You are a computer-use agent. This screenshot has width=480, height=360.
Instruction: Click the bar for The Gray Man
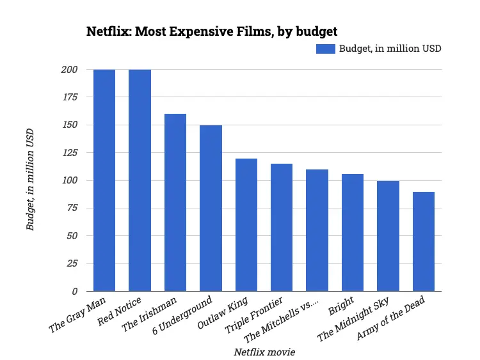point(104,180)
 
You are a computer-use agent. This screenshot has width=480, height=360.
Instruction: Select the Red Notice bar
point(140,180)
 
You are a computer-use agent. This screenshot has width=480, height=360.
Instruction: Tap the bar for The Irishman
point(175,203)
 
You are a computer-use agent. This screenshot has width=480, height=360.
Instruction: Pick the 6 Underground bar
point(211,208)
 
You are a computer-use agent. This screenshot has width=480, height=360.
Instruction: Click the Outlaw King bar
point(246,225)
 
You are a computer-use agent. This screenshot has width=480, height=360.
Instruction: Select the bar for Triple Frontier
point(282,228)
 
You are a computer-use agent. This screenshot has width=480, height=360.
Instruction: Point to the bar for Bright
point(353,233)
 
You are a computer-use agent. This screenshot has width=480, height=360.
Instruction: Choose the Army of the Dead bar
point(424,242)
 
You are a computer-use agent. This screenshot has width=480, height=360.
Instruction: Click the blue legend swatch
point(326,49)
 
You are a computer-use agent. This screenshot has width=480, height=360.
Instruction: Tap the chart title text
point(212,31)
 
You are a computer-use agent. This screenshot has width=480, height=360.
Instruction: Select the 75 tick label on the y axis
point(72,208)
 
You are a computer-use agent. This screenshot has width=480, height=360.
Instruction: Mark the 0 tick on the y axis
point(74,292)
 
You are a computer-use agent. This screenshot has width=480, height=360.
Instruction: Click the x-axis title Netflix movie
point(264,352)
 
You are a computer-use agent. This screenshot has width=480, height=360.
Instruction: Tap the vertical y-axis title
point(29,180)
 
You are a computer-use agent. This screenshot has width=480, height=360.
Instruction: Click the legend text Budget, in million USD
point(390,49)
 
